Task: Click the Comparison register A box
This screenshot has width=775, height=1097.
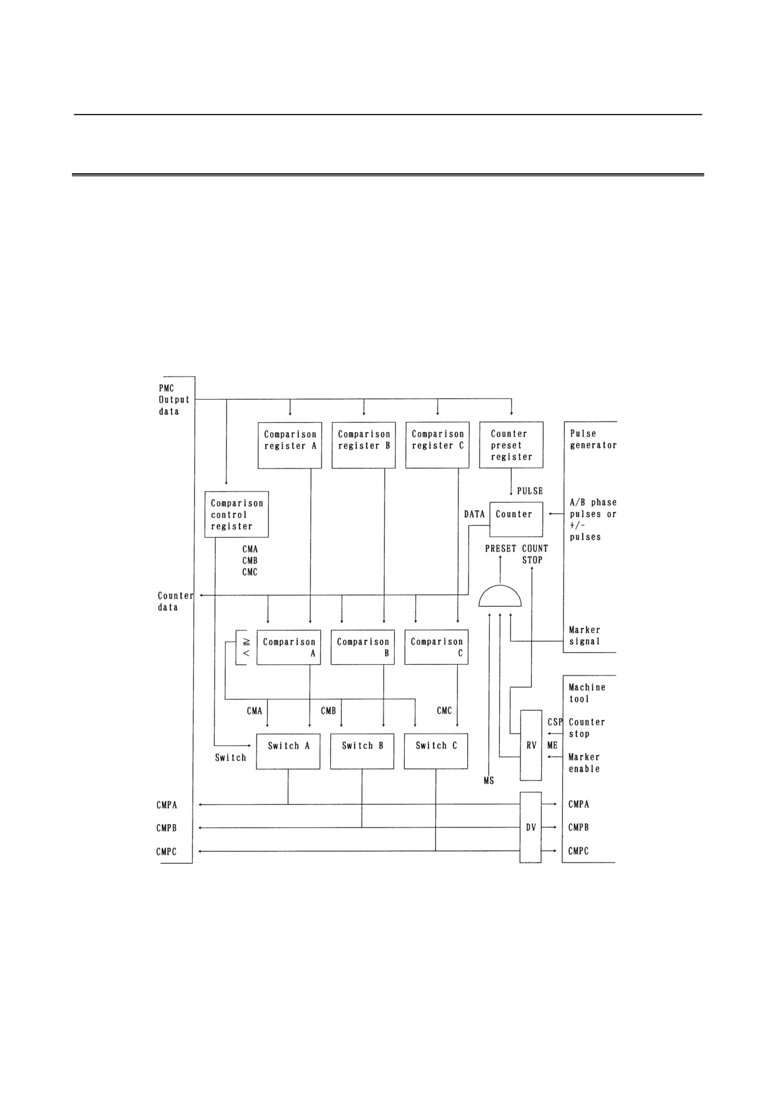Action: tap(290, 445)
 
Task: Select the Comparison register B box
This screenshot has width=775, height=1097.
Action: tap(363, 445)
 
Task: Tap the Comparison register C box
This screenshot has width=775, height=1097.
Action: tap(437, 445)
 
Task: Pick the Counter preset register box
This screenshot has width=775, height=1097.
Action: tap(511, 445)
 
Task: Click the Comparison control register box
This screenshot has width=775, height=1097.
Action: tap(237, 514)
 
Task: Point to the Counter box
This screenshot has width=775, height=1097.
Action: tap(516, 519)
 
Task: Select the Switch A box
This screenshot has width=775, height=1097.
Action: tap(288, 751)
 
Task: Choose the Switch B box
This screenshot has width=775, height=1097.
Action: tap(362, 751)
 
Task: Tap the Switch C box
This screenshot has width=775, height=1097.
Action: tap(436, 751)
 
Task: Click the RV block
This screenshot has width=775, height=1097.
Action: tap(531, 746)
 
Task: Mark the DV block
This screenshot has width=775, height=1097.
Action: tap(530, 827)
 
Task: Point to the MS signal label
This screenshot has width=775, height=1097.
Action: tap(489, 781)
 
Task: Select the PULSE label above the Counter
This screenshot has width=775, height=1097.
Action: tap(530, 491)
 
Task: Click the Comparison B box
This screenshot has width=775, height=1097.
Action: tap(363, 647)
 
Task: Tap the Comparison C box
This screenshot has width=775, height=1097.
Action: tap(437, 647)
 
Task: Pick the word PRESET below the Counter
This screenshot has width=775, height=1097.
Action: tap(501, 548)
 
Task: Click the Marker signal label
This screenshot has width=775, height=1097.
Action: tap(584, 635)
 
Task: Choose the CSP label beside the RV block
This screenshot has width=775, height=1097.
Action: tap(555, 722)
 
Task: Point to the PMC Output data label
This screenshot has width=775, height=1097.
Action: tap(174, 400)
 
